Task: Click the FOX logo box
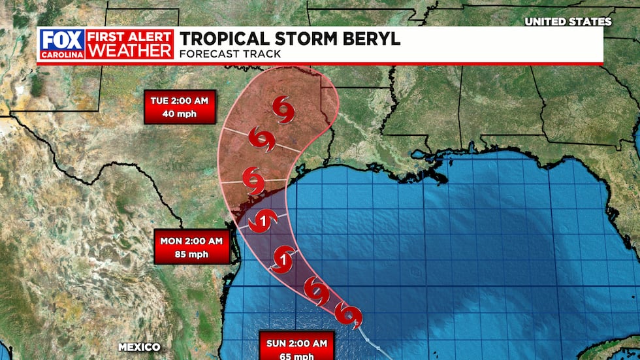(61, 39)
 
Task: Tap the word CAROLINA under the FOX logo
(61, 54)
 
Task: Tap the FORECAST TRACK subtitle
(230, 54)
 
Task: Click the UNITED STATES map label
(568, 22)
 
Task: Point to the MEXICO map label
(140, 346)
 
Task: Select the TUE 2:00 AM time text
(180, 101)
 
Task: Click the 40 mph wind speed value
(180, 114)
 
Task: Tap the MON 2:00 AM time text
(191, 241)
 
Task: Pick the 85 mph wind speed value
(191, 254)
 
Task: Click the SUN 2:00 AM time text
(296, 342)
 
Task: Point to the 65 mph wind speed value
(296, 354)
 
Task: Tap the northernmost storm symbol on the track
(283, 108)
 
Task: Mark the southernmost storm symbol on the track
(349, 316)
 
